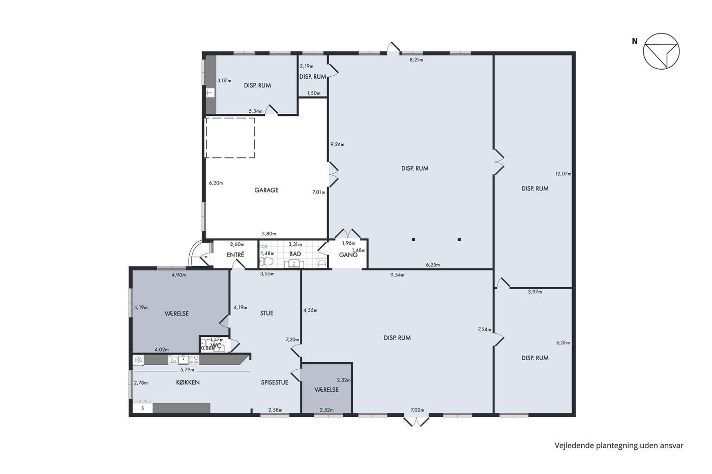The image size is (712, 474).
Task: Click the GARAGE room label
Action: (x=266, y=190)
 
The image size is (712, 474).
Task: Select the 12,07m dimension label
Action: (x=563, y=174)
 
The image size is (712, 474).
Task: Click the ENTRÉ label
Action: (x=235, y=255)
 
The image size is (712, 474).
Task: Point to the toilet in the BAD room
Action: (x=266, y=262)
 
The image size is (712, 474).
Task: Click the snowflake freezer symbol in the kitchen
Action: (x=138, y=360)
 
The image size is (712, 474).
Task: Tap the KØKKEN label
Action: (x=188, y=383)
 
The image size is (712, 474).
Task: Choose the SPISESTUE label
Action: (x=275, y=383)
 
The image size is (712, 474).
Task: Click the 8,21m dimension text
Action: (x=417, y=59)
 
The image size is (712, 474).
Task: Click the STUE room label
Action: (x=266, y=313)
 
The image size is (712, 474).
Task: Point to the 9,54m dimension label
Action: (x=397, y=275)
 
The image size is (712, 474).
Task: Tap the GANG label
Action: (x=348, y=255)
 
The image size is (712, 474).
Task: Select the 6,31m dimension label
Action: (x=563, y=342)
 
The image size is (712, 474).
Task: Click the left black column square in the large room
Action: (x=413, y=239)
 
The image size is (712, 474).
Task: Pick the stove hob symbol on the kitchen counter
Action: (x=194, y=360)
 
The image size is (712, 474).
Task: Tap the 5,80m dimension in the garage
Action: (x=269, y=234)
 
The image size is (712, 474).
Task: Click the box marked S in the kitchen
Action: (x=143, y=408)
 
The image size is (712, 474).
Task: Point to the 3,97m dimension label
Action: (x=535, y=292)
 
